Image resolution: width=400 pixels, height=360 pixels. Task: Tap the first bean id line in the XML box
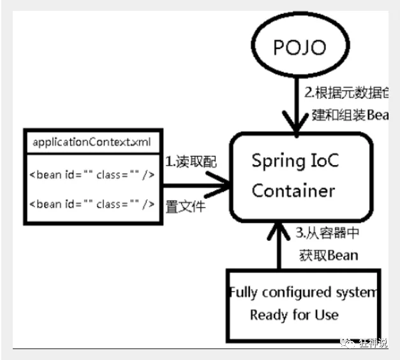click(x=92, y=174)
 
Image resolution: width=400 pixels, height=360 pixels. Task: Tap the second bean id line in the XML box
click(x=92, y=204)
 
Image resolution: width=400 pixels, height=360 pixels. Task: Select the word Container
click(x=293, y=191)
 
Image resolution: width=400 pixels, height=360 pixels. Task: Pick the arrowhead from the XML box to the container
click(x=223, y=186)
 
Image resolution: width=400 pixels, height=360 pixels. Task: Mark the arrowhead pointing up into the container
click(x=278, y=226)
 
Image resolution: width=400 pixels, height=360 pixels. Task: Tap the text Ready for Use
click(x=294, y=314)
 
